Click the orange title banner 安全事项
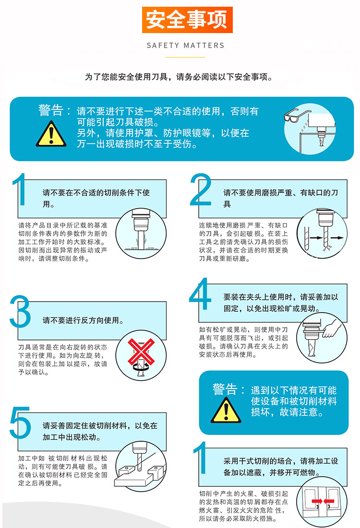click(x=187, y=20)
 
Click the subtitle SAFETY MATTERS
click(x=185, y=46)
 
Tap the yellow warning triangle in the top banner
click(x=51, y=134)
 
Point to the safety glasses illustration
click(x=297, y=115)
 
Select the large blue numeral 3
click(x=20, y=312)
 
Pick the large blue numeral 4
click(x=200, y=293)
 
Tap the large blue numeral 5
click(x=20, y=422)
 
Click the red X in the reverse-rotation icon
click(x=141, y=352)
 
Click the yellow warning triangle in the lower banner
click(x=226, y=410)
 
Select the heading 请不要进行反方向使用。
click(x=83, y=320)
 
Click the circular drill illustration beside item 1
click(x=141, y=234)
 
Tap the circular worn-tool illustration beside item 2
click(x=322, y=234)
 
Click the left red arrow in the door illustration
click(x=317, y=502)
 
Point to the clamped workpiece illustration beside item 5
click(x=141, y=467)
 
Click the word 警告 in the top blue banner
click(x=51, y=110)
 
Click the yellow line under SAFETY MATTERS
click(x=185, y=57)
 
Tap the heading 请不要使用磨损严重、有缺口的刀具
click(x=280, y=198)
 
